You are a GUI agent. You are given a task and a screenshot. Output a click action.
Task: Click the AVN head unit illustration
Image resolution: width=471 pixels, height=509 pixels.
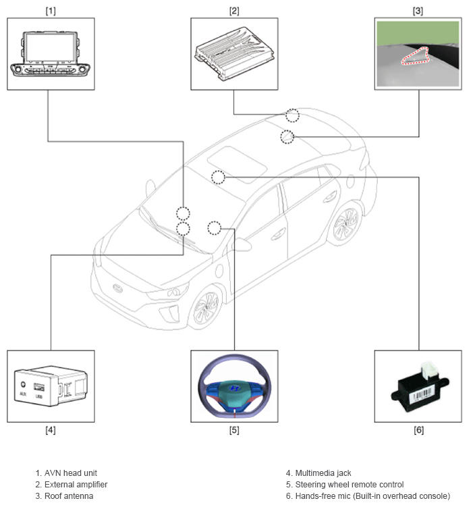(51, 54)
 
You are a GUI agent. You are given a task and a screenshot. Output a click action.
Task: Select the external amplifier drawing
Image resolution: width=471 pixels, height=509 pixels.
(234, 54)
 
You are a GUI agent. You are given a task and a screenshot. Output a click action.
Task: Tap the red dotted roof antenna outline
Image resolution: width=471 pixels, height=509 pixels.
(416, 56)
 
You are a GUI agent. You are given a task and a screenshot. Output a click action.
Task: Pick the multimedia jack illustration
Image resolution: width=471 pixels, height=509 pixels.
(51, 386)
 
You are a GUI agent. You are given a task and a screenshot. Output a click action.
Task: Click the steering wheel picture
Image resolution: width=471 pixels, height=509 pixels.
(234, 385)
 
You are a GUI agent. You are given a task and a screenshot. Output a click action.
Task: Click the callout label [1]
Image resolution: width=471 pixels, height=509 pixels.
(51, 11)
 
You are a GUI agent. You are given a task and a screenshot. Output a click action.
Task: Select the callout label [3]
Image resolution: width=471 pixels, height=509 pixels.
(418, 11)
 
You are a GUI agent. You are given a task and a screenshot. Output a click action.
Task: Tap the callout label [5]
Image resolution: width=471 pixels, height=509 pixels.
(234, 430)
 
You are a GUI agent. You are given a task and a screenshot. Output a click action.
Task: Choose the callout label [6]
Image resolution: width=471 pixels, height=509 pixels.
(418, 430)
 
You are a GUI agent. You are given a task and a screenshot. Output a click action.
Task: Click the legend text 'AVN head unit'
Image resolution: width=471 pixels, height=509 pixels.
(71, 473)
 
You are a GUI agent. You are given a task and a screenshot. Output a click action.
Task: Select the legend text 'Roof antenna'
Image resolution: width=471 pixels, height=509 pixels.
(69, 496)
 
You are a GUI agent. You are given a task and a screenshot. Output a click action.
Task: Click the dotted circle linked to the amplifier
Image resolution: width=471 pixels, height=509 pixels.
(292, 115)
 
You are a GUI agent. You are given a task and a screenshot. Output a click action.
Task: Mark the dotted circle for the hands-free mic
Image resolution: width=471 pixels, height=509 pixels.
(218, 178)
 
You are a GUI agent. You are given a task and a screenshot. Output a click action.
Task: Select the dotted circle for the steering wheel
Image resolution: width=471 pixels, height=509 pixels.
(214, 228)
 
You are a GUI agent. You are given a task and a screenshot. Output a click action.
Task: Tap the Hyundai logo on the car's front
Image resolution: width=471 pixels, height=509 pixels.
(117, 288)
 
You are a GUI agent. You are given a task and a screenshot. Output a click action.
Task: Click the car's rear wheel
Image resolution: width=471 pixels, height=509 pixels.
(346, 223)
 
